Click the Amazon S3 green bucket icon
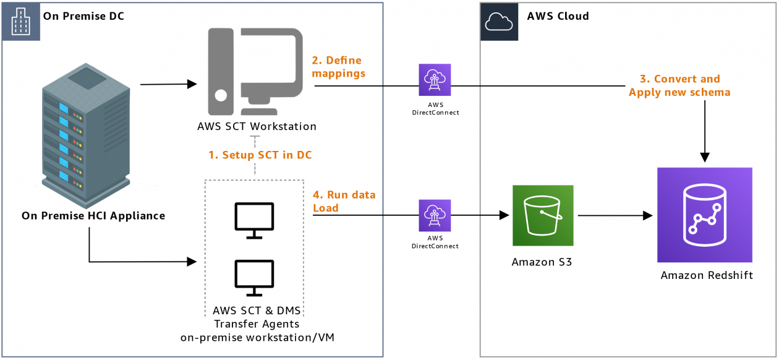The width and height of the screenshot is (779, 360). coord(543,215)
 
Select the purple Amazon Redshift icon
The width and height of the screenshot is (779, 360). coord(705,215)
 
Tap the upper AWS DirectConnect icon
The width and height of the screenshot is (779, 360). coord(435,80)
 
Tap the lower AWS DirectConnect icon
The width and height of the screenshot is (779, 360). coord(435,215)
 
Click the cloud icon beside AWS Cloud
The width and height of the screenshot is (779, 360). coord(499,22)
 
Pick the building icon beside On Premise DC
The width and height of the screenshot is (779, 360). coord(22,22)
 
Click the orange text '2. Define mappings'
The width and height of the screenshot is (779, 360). coord(338,67)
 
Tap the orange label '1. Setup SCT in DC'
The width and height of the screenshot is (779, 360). coord(260,155)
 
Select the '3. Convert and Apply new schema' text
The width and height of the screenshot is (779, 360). coord(679,86)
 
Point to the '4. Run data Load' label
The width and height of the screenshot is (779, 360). coord(344,201)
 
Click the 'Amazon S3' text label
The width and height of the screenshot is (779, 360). coord(542,262)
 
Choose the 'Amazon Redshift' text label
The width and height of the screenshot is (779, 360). coord(707,275)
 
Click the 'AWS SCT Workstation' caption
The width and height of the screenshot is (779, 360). coord(257,127)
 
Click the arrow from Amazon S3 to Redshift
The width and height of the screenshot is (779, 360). coord(615,216)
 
